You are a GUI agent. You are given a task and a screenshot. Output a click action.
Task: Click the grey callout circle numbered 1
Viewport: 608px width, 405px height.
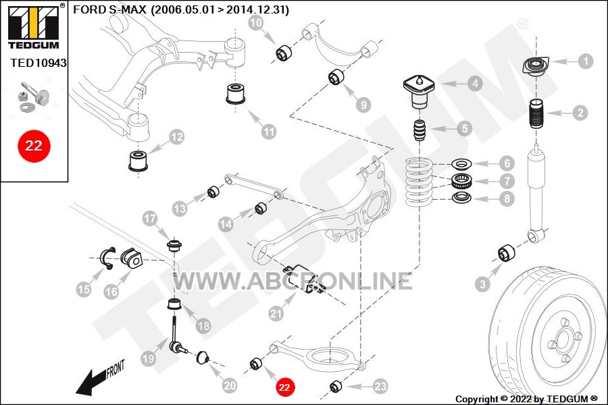click(x=585, y=61)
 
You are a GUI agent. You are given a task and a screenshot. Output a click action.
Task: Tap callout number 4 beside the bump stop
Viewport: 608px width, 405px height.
click(x=476, y=84)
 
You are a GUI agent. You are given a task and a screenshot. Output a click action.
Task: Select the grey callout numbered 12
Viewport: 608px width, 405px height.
click(x=176, y=138)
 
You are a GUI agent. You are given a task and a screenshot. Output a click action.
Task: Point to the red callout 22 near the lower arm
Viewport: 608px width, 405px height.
click(x=284, y=387)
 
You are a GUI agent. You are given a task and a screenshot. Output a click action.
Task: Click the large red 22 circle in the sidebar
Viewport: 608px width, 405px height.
click(x=34, y=145)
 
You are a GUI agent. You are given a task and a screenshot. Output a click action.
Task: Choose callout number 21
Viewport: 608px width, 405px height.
click(x=275, y=313)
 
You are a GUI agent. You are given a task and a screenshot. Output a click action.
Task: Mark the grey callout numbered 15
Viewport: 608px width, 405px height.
click(x=83, y=290)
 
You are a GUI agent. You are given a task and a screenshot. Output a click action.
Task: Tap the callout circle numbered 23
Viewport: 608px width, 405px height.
click(x=380, y=386)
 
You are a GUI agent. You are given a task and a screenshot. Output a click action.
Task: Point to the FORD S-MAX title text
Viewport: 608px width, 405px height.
click(x=181, y=10)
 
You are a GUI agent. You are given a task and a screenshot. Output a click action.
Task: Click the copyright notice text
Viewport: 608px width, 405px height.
click(x=526, y=399)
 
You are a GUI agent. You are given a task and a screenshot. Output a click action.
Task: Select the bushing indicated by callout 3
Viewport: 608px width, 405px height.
click(x=507, y=253)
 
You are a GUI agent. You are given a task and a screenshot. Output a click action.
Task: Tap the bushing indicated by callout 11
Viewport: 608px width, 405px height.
click(x=236, y=94)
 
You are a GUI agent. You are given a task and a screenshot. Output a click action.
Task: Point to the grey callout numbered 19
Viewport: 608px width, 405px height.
click(x=148, y=360)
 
